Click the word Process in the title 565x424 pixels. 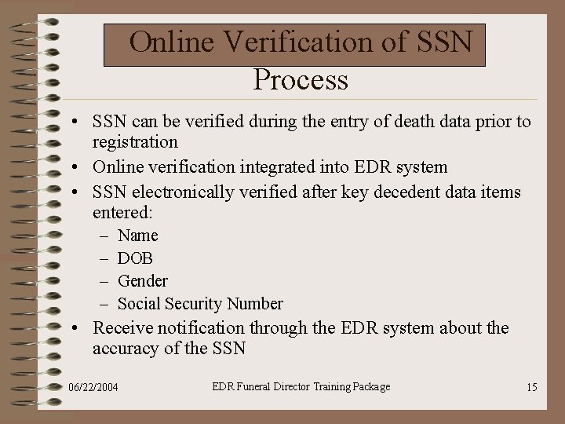(301, 79)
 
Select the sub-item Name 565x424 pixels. (137, 236)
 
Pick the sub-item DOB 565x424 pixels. (135, 258)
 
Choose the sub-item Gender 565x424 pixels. (142, 281)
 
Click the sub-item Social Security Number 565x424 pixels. (200, 304)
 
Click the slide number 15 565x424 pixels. (532, 388)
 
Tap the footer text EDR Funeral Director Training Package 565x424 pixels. (301, 386)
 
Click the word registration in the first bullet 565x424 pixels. (135, 143)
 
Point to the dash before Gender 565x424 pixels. (105, 281)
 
